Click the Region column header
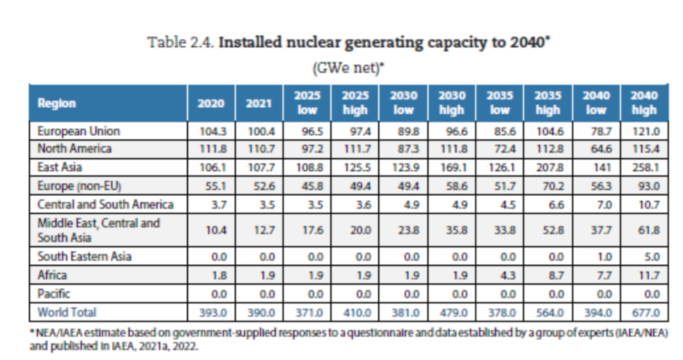57,104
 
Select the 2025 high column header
355,103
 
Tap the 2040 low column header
596,103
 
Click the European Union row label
78,132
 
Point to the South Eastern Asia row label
84,257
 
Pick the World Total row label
66,312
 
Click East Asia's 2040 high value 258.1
644,168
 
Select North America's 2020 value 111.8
211,149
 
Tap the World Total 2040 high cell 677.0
644,313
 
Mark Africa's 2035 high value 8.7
548,276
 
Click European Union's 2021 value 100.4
259,132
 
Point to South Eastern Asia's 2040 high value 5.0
644,258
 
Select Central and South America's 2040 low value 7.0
596,204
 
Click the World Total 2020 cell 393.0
211,313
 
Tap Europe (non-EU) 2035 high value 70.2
548,186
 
